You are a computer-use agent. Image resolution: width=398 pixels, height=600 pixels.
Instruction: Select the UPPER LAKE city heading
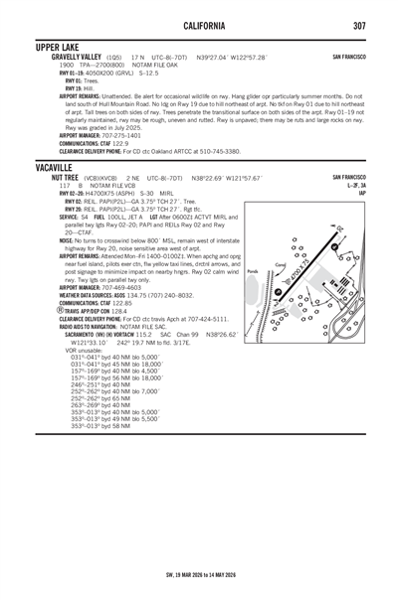click(63, 47)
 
